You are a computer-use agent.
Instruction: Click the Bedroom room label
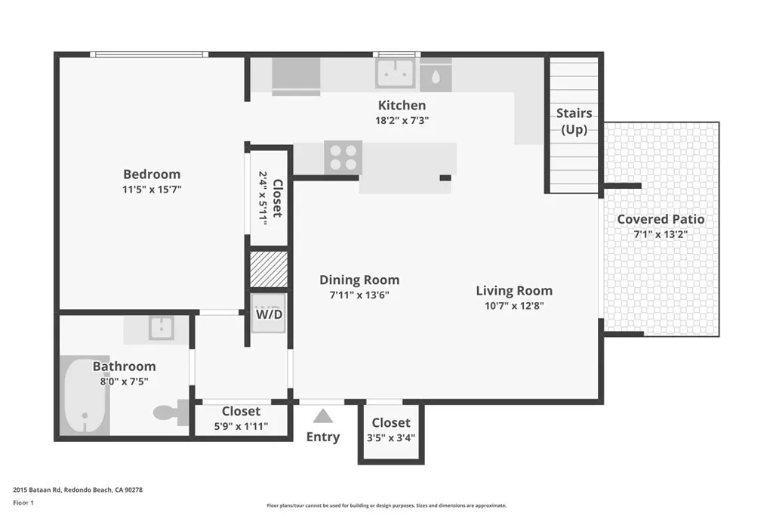point(152,174)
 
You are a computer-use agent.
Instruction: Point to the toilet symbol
point(169,412)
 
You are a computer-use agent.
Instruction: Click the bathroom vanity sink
point(161,327)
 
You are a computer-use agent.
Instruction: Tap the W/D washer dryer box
point(269,314)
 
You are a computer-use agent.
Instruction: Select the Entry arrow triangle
point(323,416)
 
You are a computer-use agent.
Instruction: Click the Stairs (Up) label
point(574,121)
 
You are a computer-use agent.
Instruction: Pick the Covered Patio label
point(661,219)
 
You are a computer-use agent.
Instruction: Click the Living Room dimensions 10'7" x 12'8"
point(513,306)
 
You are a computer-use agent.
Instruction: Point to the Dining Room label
point(359,280)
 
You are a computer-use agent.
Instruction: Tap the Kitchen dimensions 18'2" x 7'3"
point(402,120)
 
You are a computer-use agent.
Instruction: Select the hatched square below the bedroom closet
point(269,269)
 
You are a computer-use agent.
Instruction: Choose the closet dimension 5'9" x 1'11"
point(241,426)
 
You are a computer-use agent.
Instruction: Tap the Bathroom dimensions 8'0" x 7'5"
point(124,382)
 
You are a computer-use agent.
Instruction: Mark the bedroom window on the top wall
point(148,54)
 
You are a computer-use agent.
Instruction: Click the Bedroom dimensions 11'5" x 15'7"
point(152,189)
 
